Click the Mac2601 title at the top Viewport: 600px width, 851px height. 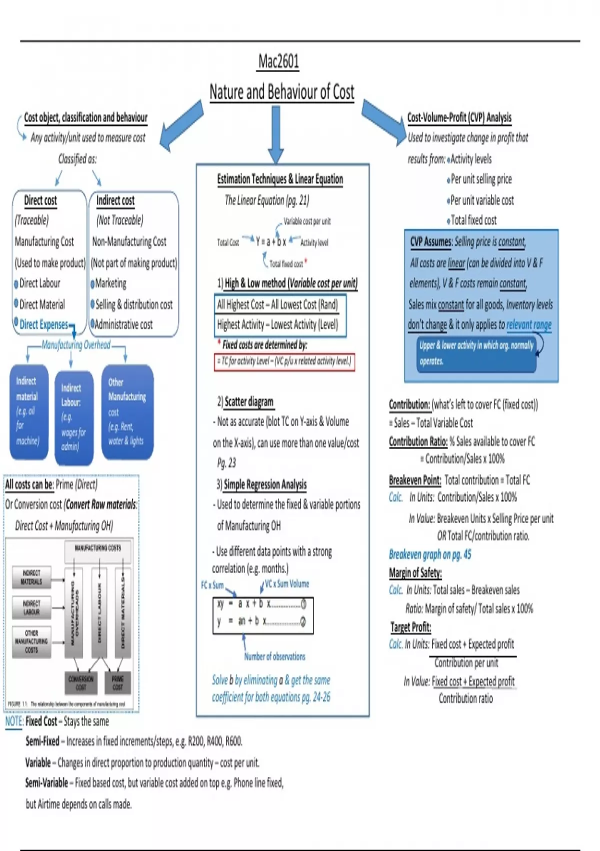click(278, 62)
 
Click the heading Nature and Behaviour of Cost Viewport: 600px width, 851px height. click(281, 92)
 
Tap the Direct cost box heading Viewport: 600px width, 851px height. click(40, 200)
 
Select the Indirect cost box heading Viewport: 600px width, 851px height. click(115, 200)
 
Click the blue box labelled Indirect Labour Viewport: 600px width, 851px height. click(73, 417)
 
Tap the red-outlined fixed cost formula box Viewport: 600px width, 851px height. click(284, 361)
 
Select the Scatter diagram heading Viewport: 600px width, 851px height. click(248, 401)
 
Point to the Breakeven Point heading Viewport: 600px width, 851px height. click(415, 480)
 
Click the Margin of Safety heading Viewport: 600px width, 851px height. click(415, 573)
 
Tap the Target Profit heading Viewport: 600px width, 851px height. click(410, 627)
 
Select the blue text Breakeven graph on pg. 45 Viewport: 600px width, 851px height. click(430, 554)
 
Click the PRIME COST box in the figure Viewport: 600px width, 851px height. click(118, 683)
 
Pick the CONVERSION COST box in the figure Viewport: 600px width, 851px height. click(80, 683)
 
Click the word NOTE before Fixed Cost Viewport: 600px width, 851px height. click(14, 721)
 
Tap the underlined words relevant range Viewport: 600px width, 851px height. click(529, 325)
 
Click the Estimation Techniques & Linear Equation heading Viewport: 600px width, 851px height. click(280, 179)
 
